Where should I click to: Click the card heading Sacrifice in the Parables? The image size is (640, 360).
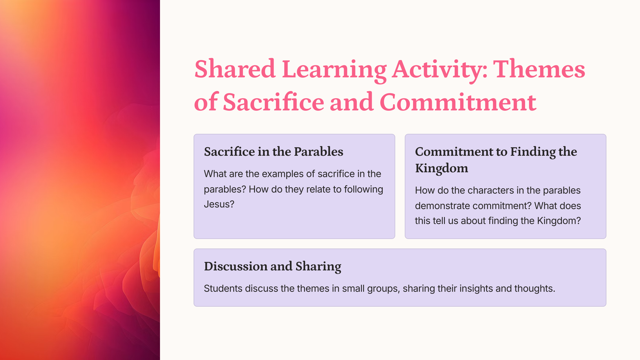[x=273, y=152]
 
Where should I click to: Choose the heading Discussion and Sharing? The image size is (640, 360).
[x=272, y=267]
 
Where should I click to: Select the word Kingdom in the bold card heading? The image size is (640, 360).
[x=442, y=168]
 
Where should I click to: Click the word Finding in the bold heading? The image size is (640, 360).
[x=532, y=152]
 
